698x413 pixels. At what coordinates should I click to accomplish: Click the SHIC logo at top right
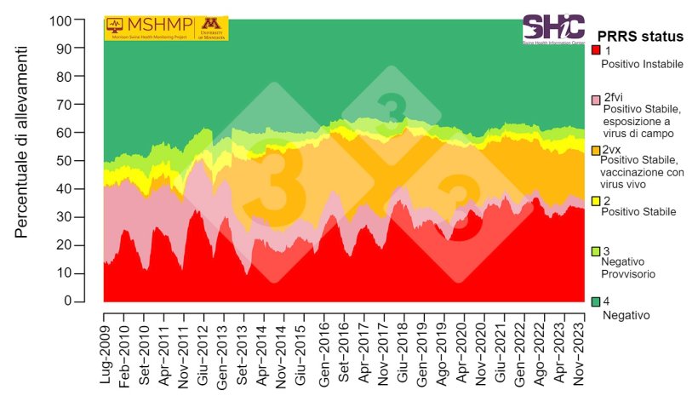coord(552,29)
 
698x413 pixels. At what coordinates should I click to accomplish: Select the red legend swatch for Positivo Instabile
coord(596,50)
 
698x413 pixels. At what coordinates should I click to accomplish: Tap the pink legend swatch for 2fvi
coord(596,100)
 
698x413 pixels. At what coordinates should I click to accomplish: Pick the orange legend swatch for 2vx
coord(596,150)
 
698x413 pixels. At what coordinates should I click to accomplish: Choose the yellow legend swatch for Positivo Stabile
coord(596,200)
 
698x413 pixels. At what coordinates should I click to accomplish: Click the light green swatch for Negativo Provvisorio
coord(596,251)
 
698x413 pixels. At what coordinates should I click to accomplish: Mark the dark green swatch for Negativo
coord(596,301)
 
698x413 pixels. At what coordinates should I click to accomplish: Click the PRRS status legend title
coord(640,37)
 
